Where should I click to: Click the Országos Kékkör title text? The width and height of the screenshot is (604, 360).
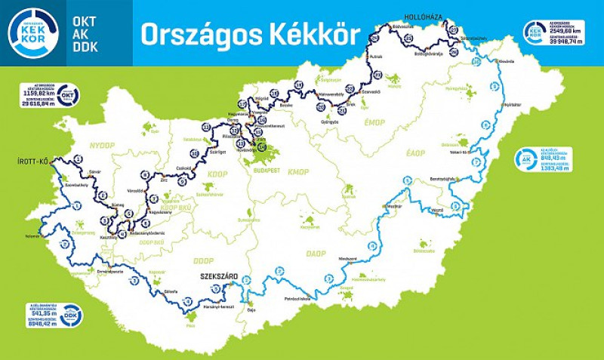tap(250, 34)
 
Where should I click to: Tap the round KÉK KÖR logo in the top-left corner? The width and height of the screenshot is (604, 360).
tap(32, 32)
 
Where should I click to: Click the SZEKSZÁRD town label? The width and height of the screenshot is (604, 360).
tap(218, 277)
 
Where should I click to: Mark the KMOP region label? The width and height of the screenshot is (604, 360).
tap(298, 171)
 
